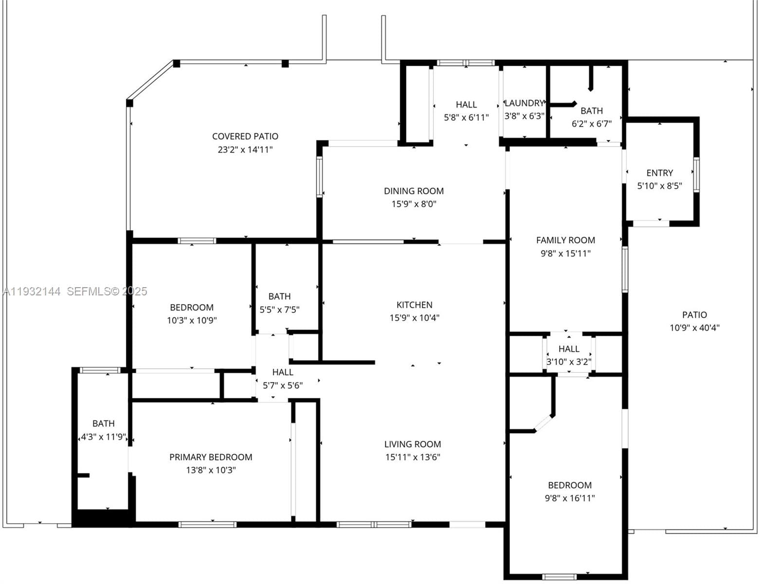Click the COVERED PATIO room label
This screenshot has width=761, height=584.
[x=245, y=136]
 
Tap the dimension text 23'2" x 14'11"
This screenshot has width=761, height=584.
[x=245, y=149]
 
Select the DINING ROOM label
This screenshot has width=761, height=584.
[x=414, y=191]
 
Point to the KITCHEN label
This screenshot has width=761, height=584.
[x=414, y=305]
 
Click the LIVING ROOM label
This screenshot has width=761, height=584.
[x=413, y=444]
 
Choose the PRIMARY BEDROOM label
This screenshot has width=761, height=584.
[x=211, y=457]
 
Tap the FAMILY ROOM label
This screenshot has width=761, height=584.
[x=565, y=240]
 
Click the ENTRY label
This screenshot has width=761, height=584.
[x=660, y=173]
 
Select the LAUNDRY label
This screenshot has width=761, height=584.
[x=524, y=103]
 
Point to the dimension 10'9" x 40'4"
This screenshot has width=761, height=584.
[x=694, y=328]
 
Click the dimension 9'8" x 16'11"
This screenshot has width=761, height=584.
[x=570, y=498]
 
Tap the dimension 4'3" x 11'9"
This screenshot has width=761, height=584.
[x=103, y=437]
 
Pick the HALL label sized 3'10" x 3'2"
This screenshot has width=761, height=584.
[x=569, y=349]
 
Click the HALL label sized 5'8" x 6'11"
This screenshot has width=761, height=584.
[x=466, y=104]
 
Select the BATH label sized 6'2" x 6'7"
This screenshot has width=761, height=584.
[x=592, y=110]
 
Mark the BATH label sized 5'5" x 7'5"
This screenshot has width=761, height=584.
[x=279, y=296]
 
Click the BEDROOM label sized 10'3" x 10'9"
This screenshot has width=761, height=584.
[x=192, y=308]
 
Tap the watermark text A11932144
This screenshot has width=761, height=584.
[x=32, y=292]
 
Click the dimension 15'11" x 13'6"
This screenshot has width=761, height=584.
[x=413, y=457]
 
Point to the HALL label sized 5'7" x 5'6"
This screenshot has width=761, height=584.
[x=283, y=372]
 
